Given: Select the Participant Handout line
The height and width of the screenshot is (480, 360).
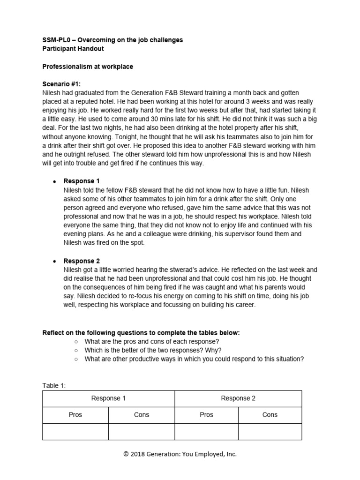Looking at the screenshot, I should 73,49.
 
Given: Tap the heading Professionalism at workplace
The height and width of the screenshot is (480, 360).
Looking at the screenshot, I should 88,67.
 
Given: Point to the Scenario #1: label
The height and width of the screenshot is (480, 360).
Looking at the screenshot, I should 61,84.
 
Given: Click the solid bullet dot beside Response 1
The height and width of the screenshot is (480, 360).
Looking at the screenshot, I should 55,181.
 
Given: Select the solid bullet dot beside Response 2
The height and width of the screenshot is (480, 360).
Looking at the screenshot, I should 55,261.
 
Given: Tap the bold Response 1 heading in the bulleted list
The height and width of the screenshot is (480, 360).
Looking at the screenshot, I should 82,181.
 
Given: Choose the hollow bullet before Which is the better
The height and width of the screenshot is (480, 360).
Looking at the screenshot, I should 76,350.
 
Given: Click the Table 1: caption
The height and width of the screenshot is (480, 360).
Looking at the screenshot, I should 54,385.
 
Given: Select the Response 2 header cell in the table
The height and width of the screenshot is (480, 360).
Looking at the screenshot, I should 238,398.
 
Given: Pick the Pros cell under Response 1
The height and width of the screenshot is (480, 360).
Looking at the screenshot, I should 75,415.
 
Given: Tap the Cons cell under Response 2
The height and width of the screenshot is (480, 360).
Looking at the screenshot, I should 270,415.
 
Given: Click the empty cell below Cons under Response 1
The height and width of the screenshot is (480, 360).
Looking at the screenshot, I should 142,432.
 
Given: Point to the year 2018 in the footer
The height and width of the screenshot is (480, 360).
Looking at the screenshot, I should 138,454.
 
